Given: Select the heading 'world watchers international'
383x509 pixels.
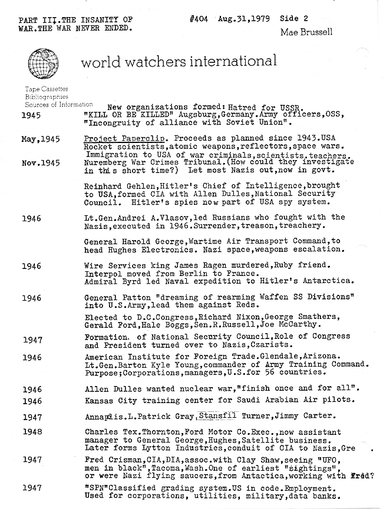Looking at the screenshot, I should tap(179, 61).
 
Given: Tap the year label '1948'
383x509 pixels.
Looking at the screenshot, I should tap(32, 431).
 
